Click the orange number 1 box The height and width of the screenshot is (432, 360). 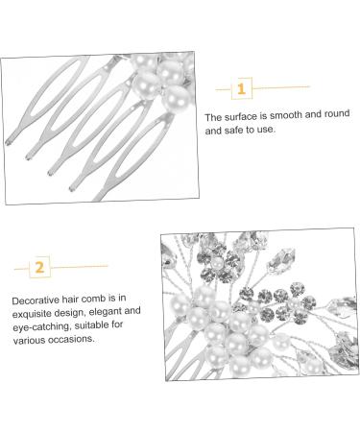point(242,88)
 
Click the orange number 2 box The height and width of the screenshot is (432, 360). point(39,267)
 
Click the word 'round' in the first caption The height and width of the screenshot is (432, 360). point(337,113)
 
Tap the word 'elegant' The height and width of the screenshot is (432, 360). point(102,311)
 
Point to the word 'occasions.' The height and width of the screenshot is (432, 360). point(71,339)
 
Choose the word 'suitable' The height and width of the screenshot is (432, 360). point(90,325)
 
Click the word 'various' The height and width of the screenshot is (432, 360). point(29,340)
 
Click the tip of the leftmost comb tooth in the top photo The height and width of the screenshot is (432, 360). point(7,143)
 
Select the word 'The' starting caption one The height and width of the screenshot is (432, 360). point(213,117)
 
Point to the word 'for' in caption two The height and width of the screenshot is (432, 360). point(117,324)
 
